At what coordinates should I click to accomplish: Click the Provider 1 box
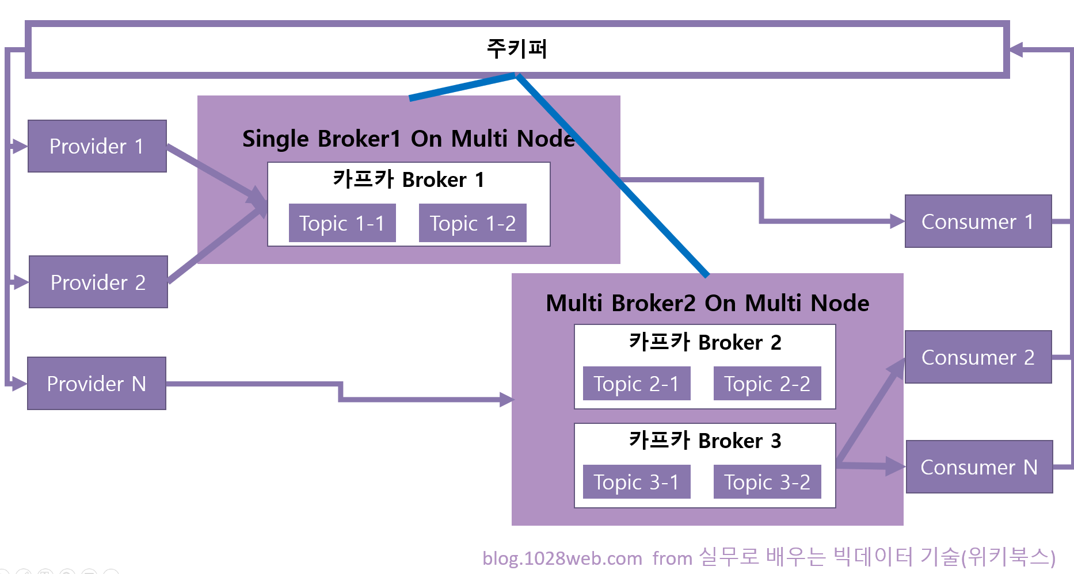coord(97,146)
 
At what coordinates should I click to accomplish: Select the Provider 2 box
coord(98,282)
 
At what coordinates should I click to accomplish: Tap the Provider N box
coord(97,383)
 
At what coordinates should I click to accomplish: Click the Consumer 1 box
coord(978,221)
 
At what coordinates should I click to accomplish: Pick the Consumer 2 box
coord(978,357)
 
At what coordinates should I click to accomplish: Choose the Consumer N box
coord(979,467)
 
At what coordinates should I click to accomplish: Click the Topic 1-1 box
coord(342,223)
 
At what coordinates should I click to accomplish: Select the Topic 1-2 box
coord(473,223)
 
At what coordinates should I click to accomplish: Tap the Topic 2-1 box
coord(636,384)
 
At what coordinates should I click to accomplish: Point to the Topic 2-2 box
coord(767,384)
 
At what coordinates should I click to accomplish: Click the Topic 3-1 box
coord(636,482)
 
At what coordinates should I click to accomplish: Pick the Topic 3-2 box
coord(767,482)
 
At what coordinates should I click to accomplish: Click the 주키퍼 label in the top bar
coord(517,49)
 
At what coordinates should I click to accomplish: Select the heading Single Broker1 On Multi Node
coord(408,139)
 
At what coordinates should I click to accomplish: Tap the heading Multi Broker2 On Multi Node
coord(707,303)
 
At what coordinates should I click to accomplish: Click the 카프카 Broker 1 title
coord(409,179)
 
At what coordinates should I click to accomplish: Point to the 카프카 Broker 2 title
coord(705,342)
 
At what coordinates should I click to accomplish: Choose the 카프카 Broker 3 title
coord(705,441)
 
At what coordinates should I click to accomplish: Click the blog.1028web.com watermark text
coord(562,558)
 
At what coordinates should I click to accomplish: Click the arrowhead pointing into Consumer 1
coord(897,221)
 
